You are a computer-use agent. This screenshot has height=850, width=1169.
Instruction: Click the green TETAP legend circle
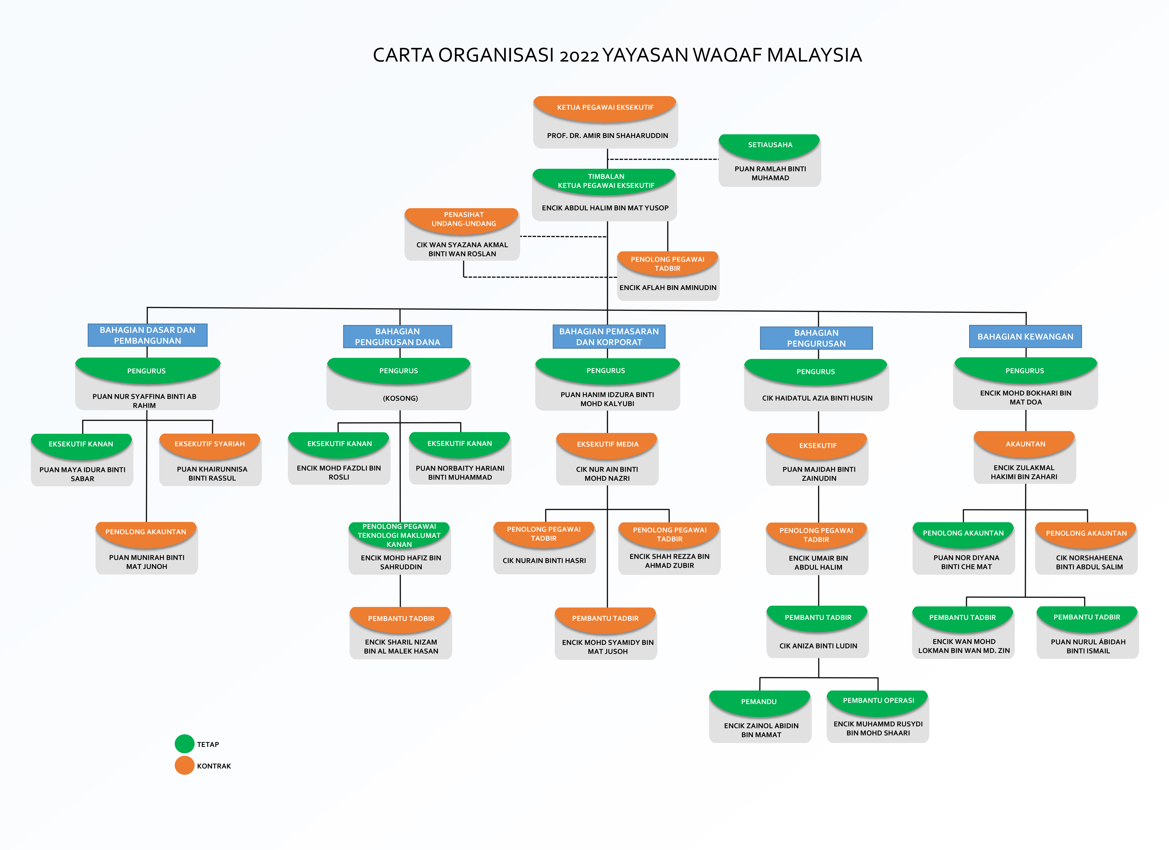[184, 744]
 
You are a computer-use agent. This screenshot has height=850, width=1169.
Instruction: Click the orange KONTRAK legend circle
[184, 765]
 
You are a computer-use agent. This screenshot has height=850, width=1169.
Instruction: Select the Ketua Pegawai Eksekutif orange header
[605, 108]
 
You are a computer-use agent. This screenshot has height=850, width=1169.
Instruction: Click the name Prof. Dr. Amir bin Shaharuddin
[607, 135]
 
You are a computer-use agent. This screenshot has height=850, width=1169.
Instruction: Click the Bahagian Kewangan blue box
[1025, 336]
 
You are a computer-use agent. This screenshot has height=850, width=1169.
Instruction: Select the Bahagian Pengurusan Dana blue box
[397, 336]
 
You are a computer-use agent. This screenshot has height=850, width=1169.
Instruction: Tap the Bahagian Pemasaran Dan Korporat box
[609, 336]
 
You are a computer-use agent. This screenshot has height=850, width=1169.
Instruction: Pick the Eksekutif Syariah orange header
[210, 445]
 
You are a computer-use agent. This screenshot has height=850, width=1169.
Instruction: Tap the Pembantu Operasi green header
[878, 702]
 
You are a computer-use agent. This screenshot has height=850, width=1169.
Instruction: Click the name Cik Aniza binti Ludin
[818, 646]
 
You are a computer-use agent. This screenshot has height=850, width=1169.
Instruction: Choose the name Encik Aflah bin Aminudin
[668, 288]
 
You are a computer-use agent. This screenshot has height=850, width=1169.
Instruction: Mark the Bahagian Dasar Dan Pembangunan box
[147, 335]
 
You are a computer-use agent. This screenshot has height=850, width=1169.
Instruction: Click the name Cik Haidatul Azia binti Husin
[817, 398]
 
